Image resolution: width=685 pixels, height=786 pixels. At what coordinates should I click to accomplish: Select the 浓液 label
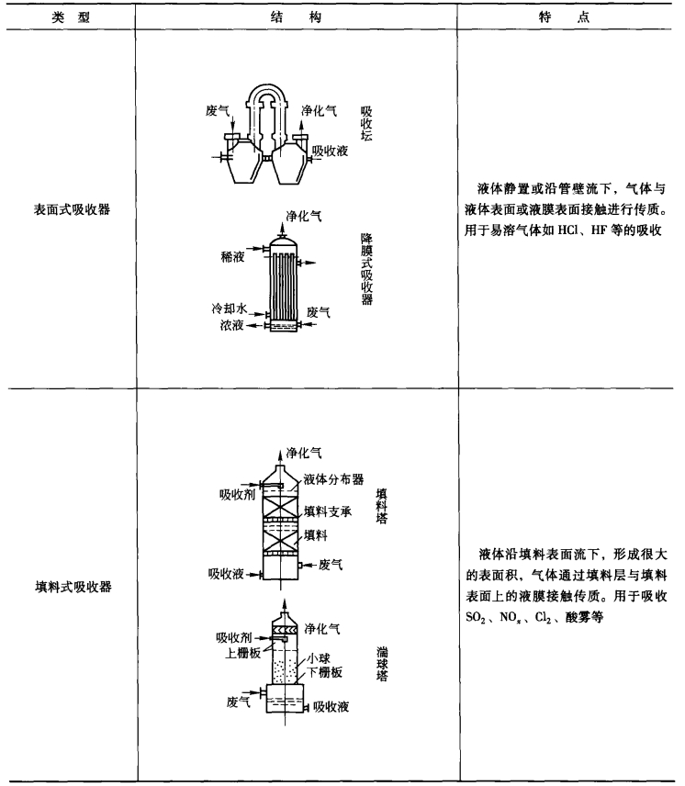pos(232,326)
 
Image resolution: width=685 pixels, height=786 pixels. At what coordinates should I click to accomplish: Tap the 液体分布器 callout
pos(333,479)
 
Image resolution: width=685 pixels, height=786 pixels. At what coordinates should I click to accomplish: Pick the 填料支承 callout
pos(328,511)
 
